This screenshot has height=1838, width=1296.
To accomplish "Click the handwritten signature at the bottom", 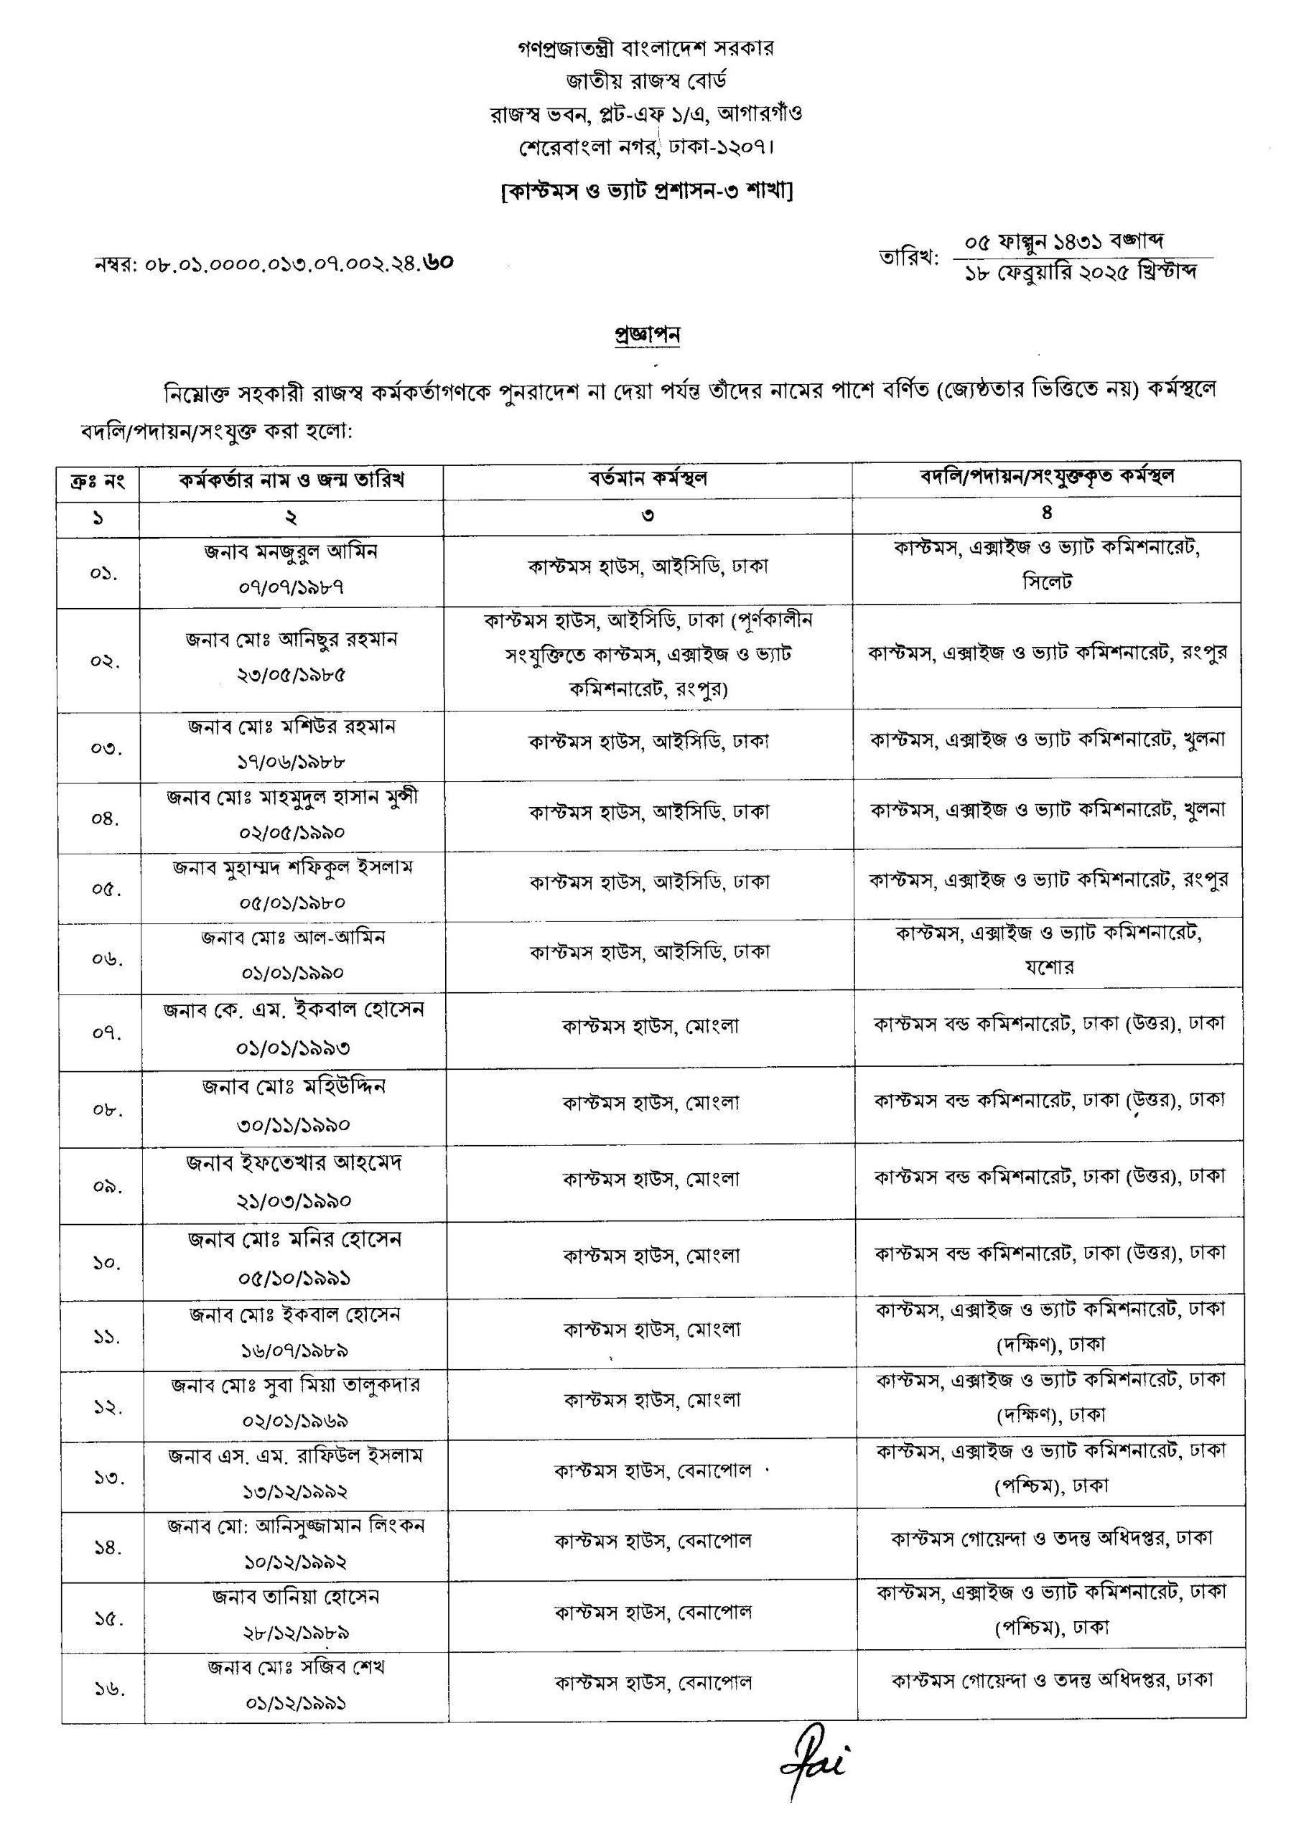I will pyautogui.click(x=813, y=1769).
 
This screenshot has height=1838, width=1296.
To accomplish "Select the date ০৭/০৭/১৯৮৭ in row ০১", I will pyautogui.click(x=292, y=587).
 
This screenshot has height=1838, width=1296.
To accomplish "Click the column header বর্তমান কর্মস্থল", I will pyautogui.click(x=648, y=479).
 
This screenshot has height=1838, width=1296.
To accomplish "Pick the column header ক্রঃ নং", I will pyautogui.click(x=98, y=482).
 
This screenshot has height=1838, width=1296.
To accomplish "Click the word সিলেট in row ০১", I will pyautogui.click(x=1047, y=582).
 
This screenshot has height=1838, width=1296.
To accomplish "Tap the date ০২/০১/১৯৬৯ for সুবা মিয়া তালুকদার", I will pyautogui.click(x=294, y=1421).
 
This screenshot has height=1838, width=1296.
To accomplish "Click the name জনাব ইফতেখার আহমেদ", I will pyautogui.click(x=294, y=1162).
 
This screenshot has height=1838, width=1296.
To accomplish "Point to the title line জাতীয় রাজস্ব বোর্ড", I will pyautogui.click(x=647, y=81).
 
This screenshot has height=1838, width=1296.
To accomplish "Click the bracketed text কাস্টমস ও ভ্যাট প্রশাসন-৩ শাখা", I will pyautogui.click(x=647, y=191).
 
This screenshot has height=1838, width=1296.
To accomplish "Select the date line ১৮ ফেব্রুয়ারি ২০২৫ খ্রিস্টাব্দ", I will pyautogui.click(x=1081, y=273).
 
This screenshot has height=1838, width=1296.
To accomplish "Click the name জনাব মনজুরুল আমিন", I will pyautogui.click(x=291, y=551).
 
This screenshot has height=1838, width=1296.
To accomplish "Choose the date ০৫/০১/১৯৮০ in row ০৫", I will pyautogui.click(x=292, y=903).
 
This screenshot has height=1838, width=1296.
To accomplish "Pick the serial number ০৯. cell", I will pyautogui.click(x=106, y=1185).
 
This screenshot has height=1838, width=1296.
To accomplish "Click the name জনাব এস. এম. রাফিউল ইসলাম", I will pyautogui.click(x=294, y=1455).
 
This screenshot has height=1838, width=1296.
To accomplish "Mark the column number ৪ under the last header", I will pyautogui.click(x=1046, y=513).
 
